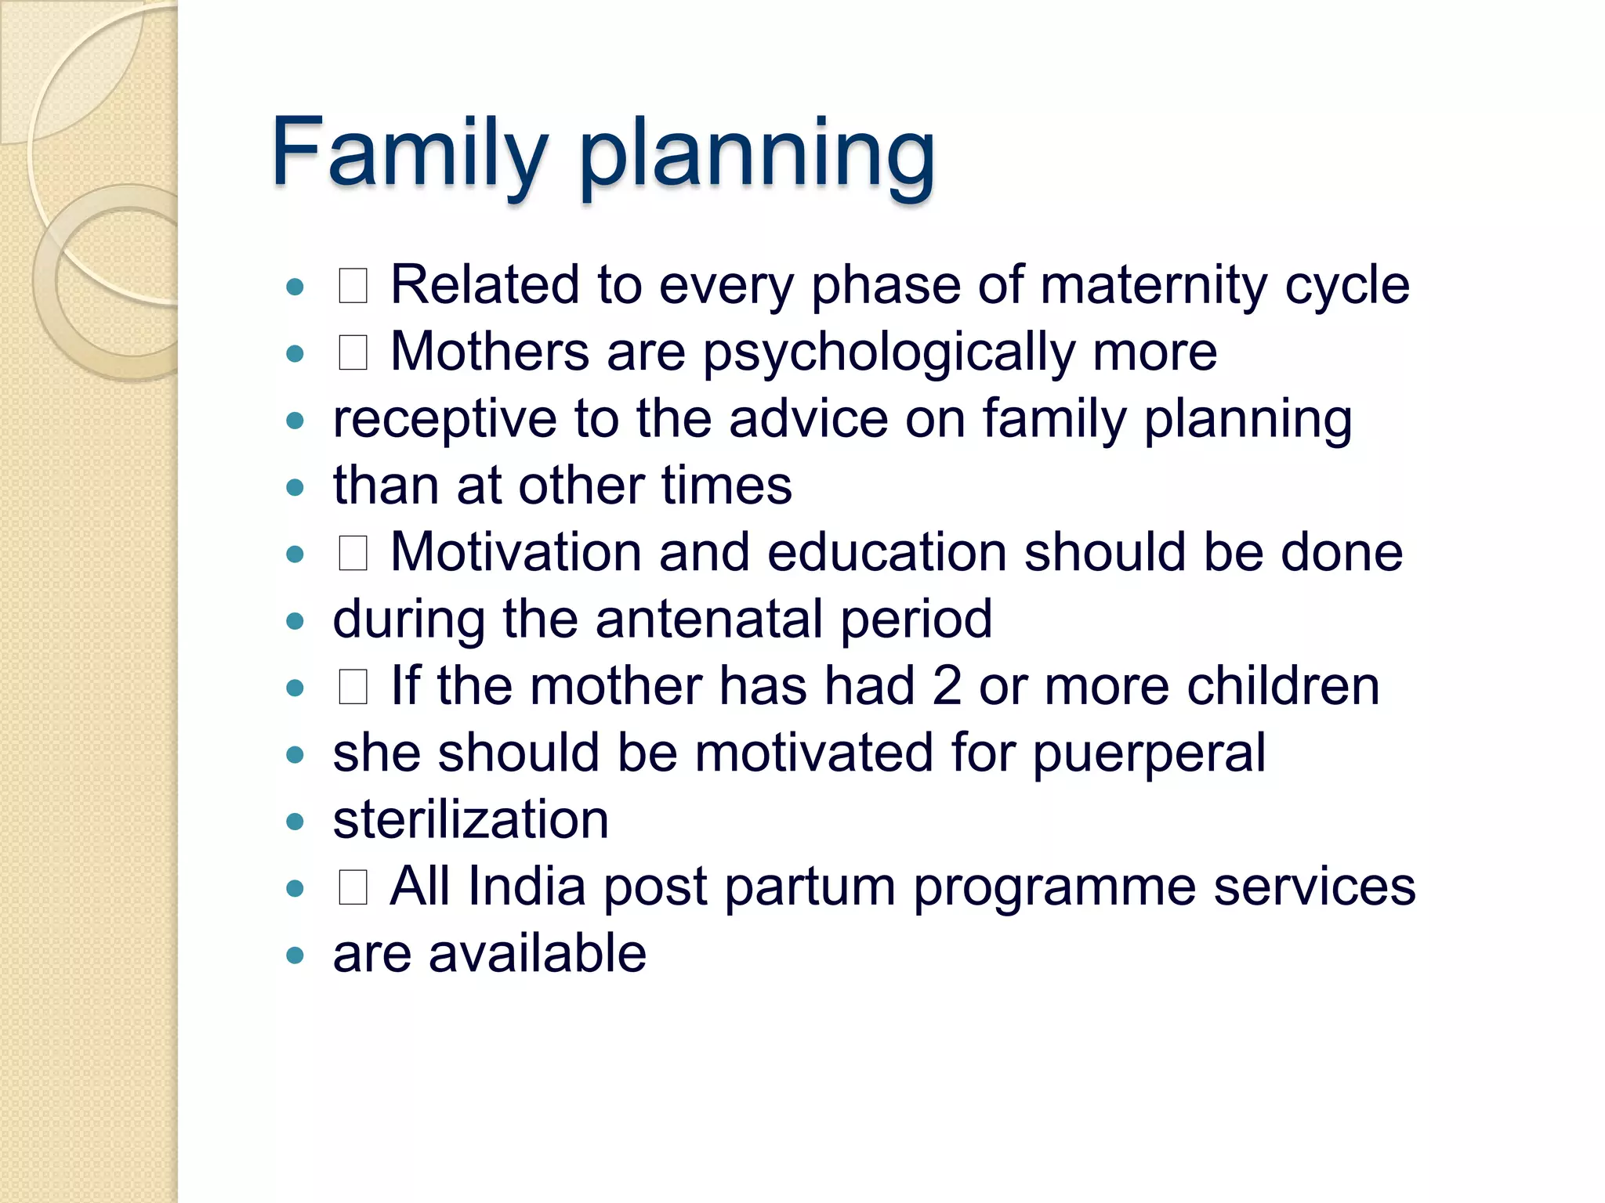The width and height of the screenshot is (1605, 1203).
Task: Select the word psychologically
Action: pyautogui.click(x=889, y=353)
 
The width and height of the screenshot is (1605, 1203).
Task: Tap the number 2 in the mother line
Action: pyautogui.click(x=947, y=686)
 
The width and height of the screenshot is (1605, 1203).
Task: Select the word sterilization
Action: pyautogui.click(x=470, y=820)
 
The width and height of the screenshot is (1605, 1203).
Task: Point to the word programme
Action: pyautogui.click(x=1054, y=888)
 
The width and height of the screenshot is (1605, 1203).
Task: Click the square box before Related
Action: pyautogui.click(x=353, y=286)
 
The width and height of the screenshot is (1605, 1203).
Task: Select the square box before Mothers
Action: pyautogui.click(x=353, y=352)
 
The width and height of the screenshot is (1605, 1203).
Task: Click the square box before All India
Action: pyautogui.click(x=353, y=888)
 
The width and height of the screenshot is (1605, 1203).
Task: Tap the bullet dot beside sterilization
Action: pyautogui.click(x=295, y=822)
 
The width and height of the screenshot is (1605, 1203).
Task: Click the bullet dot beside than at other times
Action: pyautogui.click(x=295, y=488)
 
